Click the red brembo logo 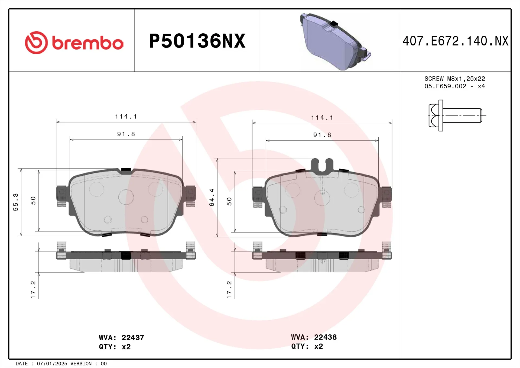tap(74, 43)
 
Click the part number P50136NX tap(197, 41)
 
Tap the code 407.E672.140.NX tap(455, 41)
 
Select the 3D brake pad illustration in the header tap(335, 42)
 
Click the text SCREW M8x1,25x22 tap(454, 79)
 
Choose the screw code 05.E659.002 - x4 tap(454, 86)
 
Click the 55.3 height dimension tap(16, 202)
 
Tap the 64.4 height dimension tap(212, 198)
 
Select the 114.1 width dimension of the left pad tap(126, 117)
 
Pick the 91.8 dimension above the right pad tap(322, 135)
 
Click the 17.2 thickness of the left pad tap(33, 290)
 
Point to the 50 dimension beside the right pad tap(229, 201)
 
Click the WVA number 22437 tap(133, 338)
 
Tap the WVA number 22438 tap(325, 337)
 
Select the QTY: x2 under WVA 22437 tap(115, 347)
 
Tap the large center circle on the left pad tap(126, 197)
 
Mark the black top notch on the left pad tap(126, 171)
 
